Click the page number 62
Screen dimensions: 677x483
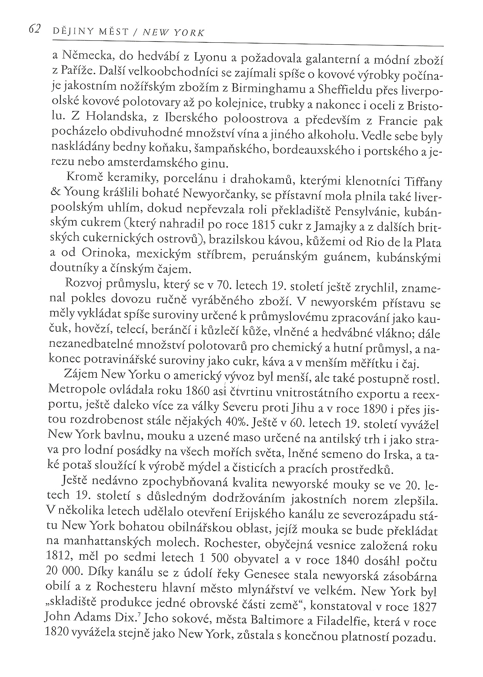tap(34, 29)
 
